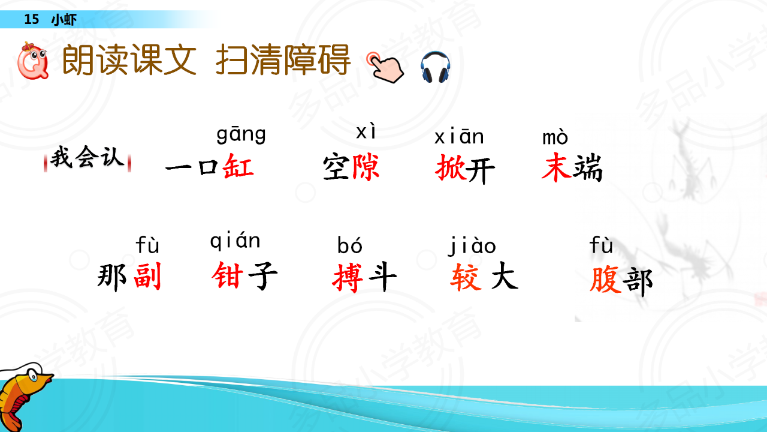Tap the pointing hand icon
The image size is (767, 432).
coord(385,67)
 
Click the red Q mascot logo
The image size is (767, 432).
coord(33,61)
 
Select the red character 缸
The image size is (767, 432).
coord(238,166)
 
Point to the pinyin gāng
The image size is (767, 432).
coord(241,134)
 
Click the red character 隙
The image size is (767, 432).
coord(366,167)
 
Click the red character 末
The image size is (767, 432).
coord(557,167)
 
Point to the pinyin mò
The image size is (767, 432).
coord(555,137)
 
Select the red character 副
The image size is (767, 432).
coord(147,277)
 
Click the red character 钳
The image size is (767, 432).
coord(228,275)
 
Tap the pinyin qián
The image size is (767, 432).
coord(235,241)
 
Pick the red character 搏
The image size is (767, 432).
coord(348,278)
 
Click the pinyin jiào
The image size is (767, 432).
coord(472,245)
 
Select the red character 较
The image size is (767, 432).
coord(466,278)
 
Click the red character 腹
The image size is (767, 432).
coord(605,280)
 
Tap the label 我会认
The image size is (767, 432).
coord(87,158)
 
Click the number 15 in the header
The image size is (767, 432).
coord(32,19)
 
